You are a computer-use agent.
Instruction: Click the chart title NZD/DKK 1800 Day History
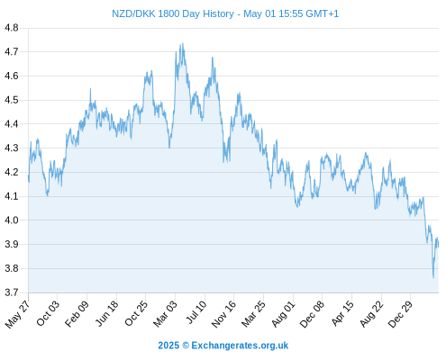(173, 13)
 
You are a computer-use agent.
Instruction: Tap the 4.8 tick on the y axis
(12, 28)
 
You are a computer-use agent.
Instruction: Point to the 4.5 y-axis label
(12, 100)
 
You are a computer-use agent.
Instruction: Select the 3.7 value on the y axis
(12, 292)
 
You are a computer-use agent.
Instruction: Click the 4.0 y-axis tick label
(12, 220)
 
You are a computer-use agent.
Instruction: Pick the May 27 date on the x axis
(18, 314)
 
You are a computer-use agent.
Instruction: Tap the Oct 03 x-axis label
(48, 313)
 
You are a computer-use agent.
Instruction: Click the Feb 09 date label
(77, 313)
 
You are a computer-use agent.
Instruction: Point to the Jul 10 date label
(196, 312)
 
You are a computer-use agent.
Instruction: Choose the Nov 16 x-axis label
(223, 314)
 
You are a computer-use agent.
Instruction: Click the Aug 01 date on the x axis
(284, 314)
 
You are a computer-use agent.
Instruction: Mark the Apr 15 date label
(343, 313)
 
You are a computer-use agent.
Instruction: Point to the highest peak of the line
(183, 43)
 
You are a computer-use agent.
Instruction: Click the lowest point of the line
(433, 277)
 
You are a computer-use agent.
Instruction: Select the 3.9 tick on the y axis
(12, 244)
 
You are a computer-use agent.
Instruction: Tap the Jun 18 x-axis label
(106, 313)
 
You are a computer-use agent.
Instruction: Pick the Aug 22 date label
(372, 314)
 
